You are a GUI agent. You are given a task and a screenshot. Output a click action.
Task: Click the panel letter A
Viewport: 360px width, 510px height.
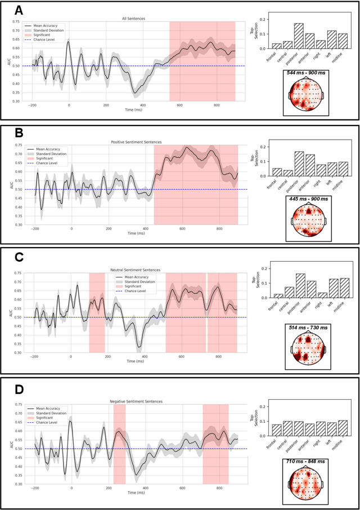click(19, 11)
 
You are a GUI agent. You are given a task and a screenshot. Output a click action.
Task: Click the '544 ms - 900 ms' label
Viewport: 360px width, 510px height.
click(309, 73)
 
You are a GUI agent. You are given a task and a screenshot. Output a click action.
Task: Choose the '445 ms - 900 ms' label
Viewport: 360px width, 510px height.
click(309, 199)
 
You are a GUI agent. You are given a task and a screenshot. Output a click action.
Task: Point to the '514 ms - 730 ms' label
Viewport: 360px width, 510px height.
click(309, 328)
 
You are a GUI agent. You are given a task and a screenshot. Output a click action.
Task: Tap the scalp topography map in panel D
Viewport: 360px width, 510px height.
click(309, 482)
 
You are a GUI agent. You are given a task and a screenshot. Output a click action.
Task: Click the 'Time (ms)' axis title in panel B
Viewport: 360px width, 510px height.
click(134, 232)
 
